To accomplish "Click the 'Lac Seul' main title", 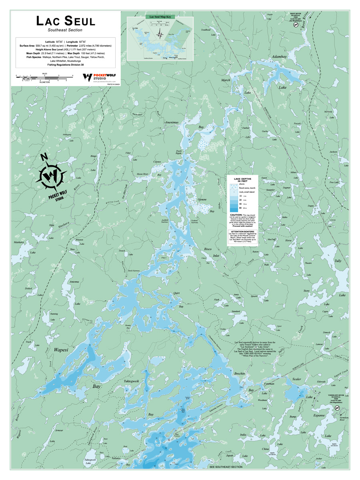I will [65, 21].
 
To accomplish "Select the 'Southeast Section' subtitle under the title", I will [65, 30].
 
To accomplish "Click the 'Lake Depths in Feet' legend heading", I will [243, 180].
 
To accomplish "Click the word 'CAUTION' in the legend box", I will [235, 215].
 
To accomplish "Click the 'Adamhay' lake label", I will [279, 57].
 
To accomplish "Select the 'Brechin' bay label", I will [240, 373].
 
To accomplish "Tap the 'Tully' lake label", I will [338, 260].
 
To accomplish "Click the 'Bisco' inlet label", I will [208, 249].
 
